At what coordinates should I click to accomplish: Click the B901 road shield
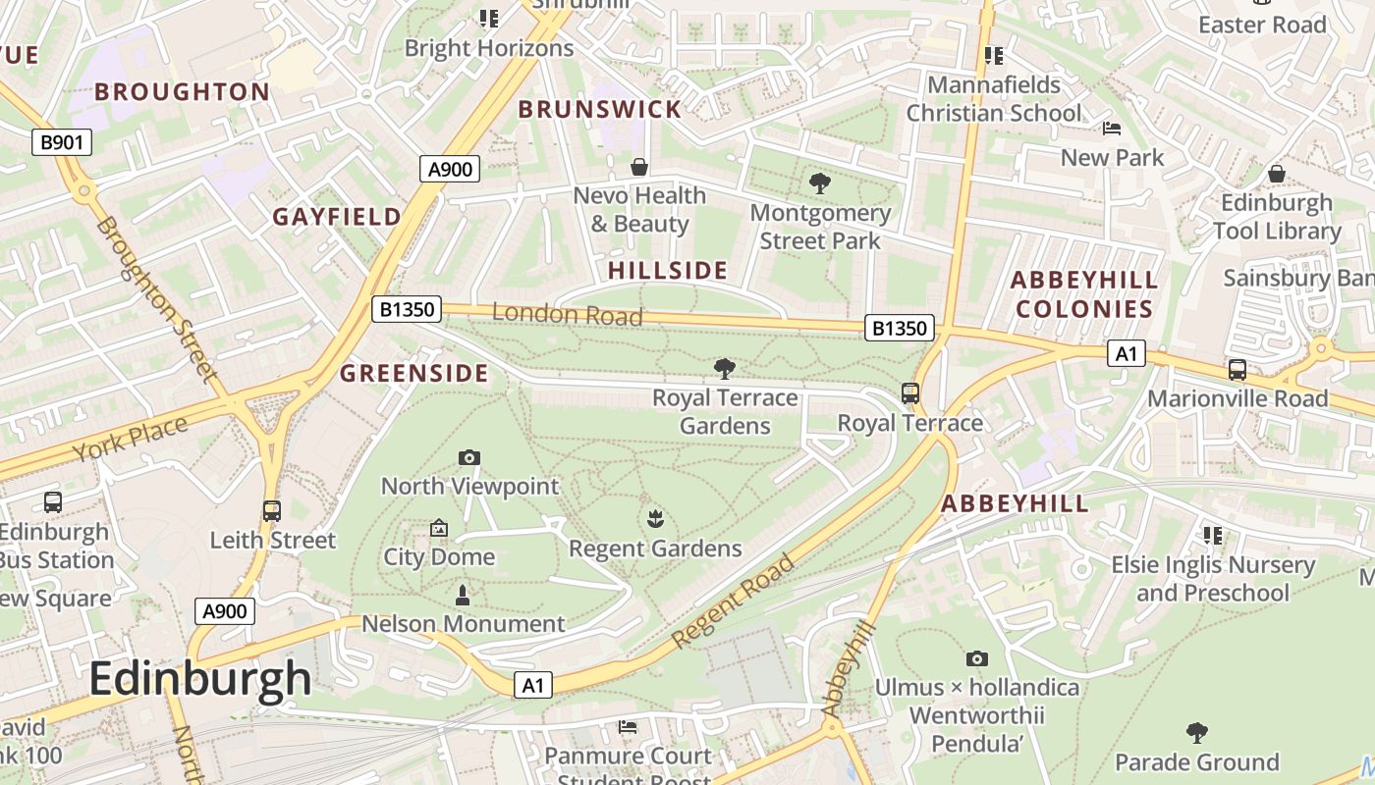(62, 142)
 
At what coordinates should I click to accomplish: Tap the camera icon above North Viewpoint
(469, 457)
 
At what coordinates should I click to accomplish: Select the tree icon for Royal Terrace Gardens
(725, 369)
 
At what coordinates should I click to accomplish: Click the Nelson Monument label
(464, 624)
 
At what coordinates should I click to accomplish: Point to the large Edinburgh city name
(200, 679)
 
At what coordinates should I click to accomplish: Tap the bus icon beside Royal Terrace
(910, 393)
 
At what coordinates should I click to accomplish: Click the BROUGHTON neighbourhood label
(182, 92)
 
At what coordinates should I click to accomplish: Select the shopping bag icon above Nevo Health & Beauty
(639, 167)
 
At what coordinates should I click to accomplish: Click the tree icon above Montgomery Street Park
(819, 183)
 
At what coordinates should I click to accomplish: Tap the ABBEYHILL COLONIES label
(1084, 294)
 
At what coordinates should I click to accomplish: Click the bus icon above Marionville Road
(1237, 370)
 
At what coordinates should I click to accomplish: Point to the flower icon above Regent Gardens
(655, 518)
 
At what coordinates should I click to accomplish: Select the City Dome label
(439, 556)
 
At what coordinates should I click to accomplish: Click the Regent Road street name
(734, 601)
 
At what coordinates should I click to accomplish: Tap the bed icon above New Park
(1112, 129)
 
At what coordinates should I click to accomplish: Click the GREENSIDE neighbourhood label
(413, 373)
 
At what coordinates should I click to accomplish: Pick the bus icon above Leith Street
(272, 511)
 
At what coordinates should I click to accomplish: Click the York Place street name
(130, 439)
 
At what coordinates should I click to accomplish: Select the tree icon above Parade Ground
(1196, 732)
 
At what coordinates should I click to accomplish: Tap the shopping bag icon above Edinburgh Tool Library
(1277, 174)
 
